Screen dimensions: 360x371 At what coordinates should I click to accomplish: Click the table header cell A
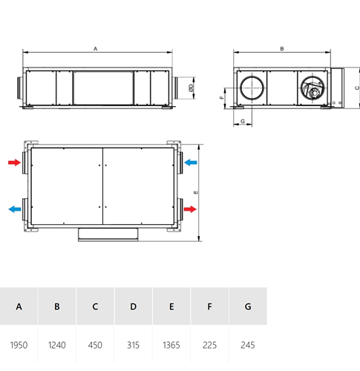(x=19, y=306)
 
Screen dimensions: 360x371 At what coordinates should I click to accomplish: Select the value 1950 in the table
(x=19, y=345)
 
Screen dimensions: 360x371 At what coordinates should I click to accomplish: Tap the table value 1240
(x=57, y=345)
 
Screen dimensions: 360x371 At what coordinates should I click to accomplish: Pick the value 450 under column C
(x=95, y=345)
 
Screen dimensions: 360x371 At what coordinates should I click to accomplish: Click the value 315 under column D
(x=133, y=345)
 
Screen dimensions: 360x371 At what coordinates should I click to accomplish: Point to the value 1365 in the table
(x=171, y=345)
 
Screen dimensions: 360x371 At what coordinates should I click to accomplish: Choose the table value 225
(x=209, y=345)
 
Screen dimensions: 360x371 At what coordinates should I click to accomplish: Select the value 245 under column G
(x=248, y=345)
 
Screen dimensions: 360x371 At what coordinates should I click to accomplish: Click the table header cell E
(x=171, y=306)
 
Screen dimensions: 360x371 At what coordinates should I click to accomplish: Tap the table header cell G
(x=248, y=306)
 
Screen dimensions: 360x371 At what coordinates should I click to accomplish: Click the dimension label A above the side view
(x=95, y=49)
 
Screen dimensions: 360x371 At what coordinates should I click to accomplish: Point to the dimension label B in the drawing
(x=282, y=49)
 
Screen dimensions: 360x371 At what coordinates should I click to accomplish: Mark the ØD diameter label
(x=191, y=88)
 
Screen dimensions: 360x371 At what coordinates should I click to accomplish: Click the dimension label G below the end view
(x=243, y=121)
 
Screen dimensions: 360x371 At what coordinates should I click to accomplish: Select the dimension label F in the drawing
(x=222, y=97)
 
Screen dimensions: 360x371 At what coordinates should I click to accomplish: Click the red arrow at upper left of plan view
(x=14, y=162)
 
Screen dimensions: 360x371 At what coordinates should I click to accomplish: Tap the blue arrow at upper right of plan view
(x=191, y=162)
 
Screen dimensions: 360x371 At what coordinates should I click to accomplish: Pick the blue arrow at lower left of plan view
(x=15, y=209)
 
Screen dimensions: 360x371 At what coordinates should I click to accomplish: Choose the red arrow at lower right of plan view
(x=190, y=209)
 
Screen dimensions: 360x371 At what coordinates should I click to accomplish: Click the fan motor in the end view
(x=314, y=93)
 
